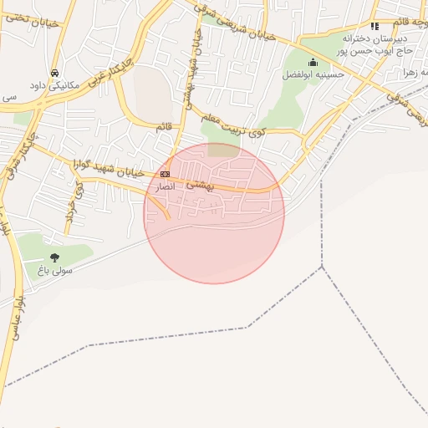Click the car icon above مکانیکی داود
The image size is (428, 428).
(x=55, y=73)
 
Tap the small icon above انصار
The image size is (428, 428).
(x=165, y=174)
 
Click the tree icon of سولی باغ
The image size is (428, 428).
(x=55, y=257)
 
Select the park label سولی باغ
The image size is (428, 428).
(x=55, y=271)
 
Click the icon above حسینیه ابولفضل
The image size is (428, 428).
(x=313, y=61)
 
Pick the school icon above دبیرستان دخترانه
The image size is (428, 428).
(x=375, y=26)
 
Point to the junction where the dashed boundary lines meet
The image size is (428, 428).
(x=322, y=267)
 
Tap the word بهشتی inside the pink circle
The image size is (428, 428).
(x=200, y=186)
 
